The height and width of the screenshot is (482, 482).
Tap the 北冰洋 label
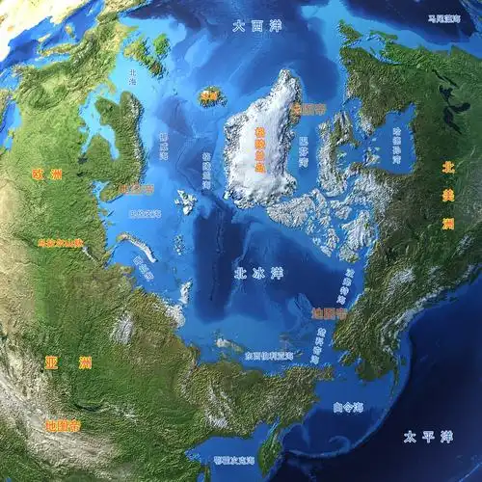click(258, 274)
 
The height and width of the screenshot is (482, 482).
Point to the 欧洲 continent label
click(45, 174)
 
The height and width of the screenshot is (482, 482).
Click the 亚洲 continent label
click(67, 363)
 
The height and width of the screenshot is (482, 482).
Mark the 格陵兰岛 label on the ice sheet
click(259, 148)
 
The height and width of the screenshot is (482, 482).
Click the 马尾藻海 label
click(444, 18)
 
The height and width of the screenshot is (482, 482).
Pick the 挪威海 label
click(165, 145)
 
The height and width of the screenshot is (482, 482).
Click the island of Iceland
click(209, 95)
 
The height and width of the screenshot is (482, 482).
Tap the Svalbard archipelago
click(185, 202)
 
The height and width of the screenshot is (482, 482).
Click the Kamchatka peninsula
click(273, 448)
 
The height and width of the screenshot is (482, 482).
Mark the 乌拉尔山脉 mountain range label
click(59, 243)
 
